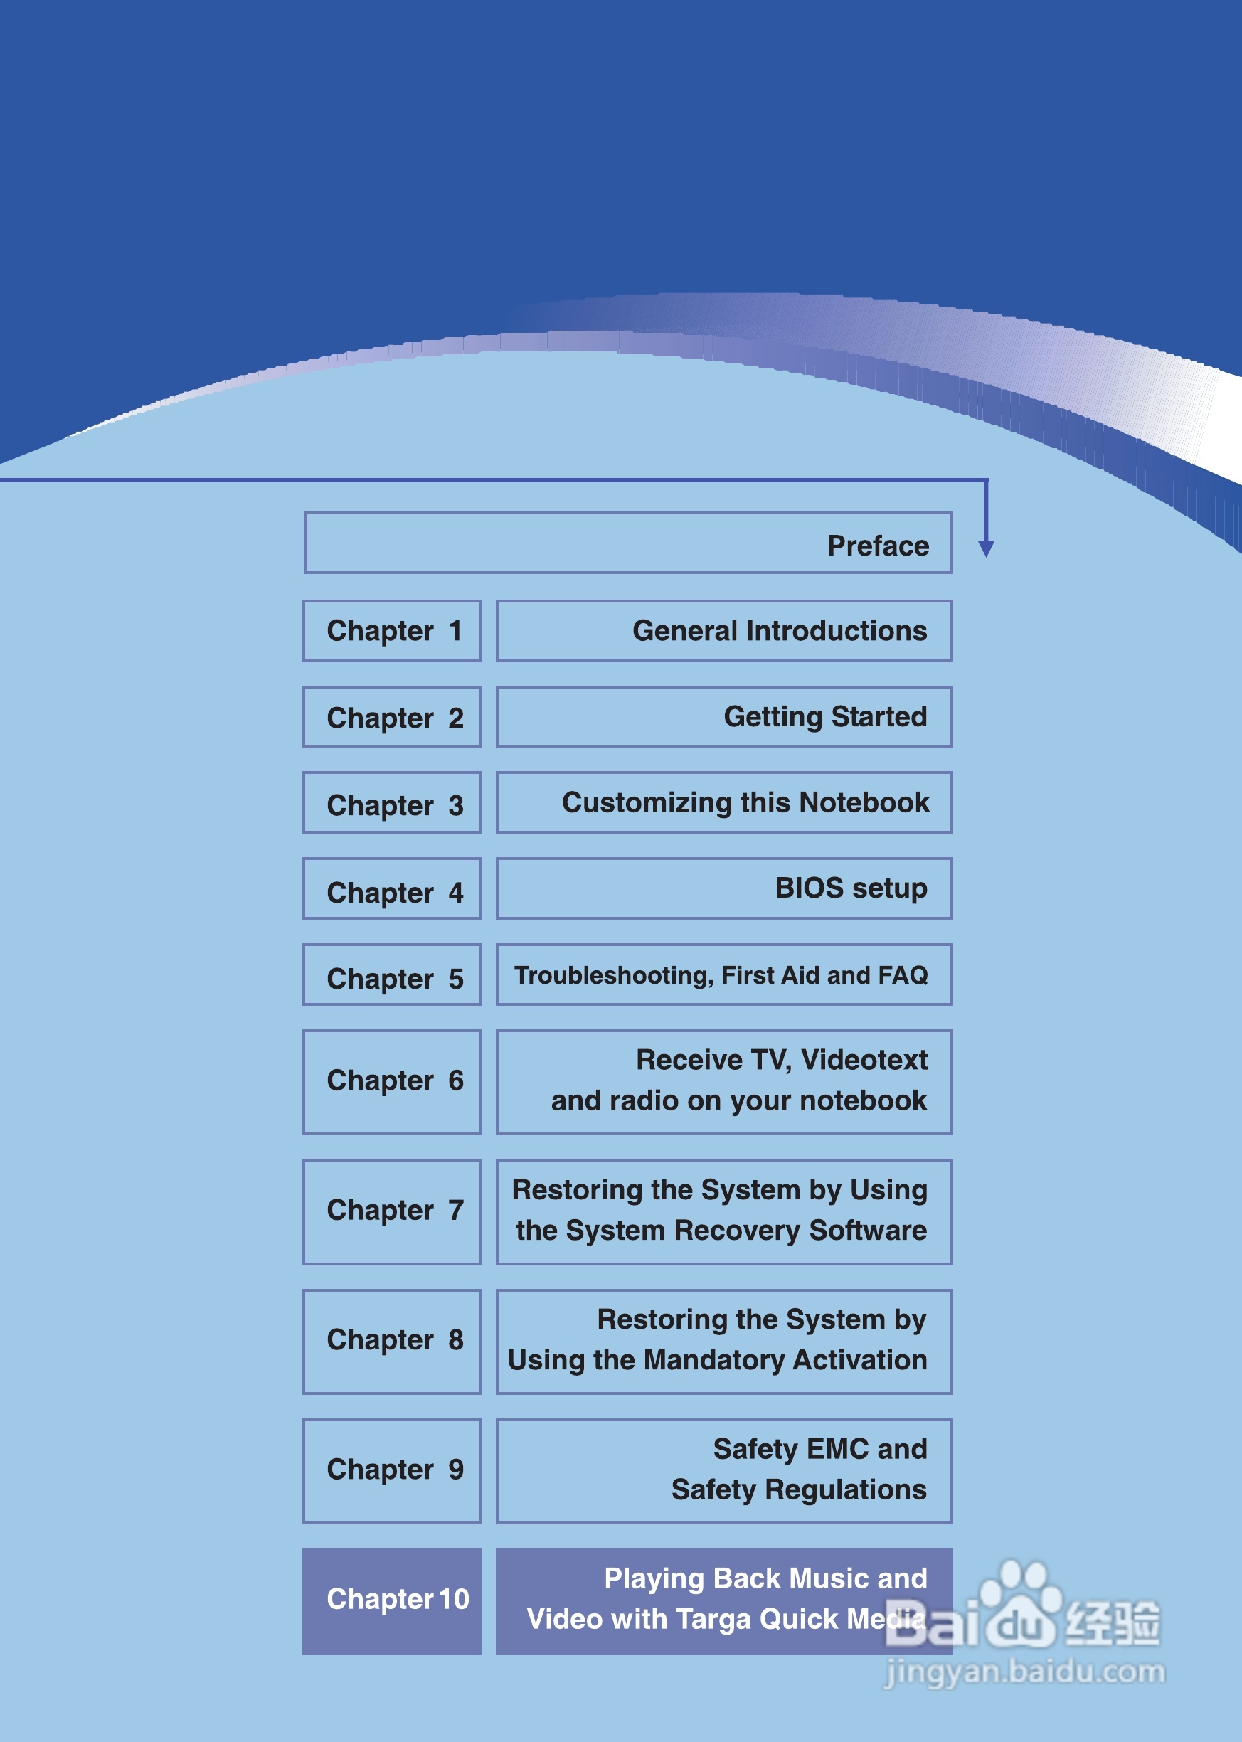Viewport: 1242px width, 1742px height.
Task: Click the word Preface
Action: tap(878, 546)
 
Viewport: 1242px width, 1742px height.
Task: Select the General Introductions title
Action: tap(780, 631)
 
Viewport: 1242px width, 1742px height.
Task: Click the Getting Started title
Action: tap(825, 717)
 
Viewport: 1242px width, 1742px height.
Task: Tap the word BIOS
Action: tap(808, 888)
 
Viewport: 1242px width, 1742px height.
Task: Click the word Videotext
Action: tap(864, 1061)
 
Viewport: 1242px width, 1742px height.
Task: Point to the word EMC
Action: tap(837, 1449)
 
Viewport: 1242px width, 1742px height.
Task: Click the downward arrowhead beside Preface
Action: tap(986, 548)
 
